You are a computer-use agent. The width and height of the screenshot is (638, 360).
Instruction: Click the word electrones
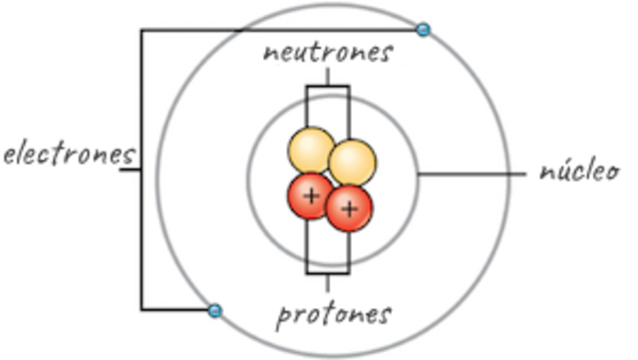[68, 155]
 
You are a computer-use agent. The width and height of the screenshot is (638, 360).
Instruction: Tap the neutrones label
[327, 52]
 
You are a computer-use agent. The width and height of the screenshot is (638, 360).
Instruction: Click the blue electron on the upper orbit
[423, 30]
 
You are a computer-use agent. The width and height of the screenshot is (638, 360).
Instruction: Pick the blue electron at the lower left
[214, 310]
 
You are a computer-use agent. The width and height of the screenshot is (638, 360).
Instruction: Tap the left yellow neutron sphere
[310, 151]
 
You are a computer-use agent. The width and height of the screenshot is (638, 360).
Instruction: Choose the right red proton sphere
[349, 207]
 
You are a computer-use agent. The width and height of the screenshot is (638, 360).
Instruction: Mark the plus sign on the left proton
[311, 194]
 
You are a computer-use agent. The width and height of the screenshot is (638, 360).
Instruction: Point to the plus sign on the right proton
[349, 208]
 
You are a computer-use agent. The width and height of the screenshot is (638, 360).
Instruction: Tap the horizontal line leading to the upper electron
[279, 30]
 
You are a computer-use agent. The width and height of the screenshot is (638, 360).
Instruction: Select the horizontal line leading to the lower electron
[174, 310]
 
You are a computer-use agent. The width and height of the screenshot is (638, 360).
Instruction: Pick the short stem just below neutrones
[327, 78]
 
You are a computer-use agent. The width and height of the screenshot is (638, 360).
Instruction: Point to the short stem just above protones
[327, 281]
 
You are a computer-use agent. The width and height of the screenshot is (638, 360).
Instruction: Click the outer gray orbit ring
[508, 199]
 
